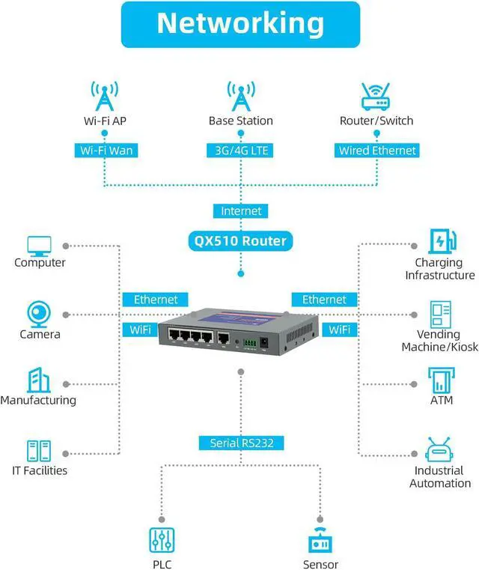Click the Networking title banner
click(x=239, y=24)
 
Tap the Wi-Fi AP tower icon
click(x=104, y=96)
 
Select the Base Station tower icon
click(x=240, y=96)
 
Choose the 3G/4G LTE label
click(x=240, y=151)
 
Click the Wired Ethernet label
click(x=376, y=151)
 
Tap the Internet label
click(x=240, y=211)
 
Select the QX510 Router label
click(x=240, y=241)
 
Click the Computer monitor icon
click(x=39, y=245)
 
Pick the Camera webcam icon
click(x=39, y=313)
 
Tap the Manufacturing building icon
click(x=39, y=380)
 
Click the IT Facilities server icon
click(x=39, y=450)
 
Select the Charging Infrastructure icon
click(x=439, y=241)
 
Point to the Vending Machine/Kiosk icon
click(x=439, y=313)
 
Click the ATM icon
click(x=439, y=380)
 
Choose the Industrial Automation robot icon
click(x=439, y=449)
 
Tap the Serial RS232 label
click(x=240, y=443)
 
